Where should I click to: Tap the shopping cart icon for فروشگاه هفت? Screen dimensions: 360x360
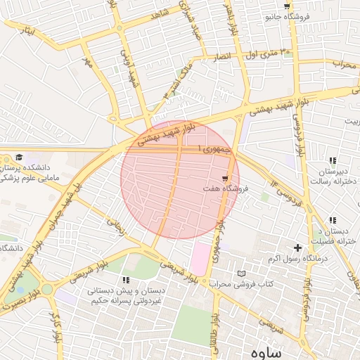[x=225, y=179]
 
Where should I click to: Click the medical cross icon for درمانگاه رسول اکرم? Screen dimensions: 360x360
[x=298, y=247]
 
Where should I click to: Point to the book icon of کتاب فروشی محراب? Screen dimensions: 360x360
[x=243, y=273]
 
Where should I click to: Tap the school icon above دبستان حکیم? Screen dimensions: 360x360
[x=126, y=280]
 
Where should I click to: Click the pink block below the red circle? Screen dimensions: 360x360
[x=200, y=258]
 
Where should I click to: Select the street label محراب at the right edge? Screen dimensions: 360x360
[x=345, y=65]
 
